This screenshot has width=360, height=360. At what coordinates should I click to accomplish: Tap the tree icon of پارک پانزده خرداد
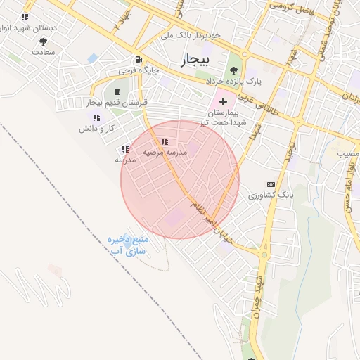[x=233, y=70]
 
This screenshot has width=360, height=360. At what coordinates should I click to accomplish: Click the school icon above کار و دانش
[x=96, y=117]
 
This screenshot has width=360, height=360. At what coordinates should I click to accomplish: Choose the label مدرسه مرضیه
[x=164, y=152]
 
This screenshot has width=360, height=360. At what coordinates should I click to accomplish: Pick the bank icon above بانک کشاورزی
[x=271, y=184]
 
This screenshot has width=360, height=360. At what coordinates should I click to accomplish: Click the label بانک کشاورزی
[x=270, y=194]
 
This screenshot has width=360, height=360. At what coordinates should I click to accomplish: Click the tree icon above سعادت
[x=43, y=41]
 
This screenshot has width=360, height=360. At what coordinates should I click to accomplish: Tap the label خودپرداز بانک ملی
[x=191, y=34]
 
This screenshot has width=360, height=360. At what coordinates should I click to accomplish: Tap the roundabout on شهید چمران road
[x=264, y=255]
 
